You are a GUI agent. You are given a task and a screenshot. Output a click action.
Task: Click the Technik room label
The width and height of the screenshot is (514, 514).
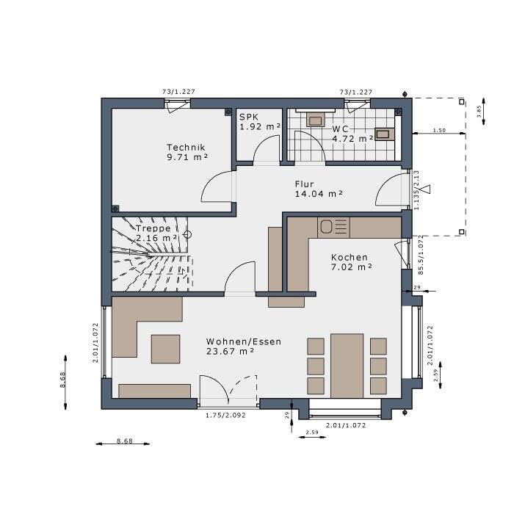coord(185,147)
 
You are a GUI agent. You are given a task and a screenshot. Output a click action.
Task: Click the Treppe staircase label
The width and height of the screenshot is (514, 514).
coord(153,228)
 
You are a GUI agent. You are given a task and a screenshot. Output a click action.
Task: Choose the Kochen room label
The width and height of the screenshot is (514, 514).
coord(349,258)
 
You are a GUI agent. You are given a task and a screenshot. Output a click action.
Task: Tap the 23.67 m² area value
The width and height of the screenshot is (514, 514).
coord(231,352)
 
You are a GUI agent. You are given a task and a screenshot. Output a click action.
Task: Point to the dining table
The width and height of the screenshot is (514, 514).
coord(347,365)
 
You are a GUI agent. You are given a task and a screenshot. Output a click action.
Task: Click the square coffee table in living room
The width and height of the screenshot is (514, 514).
coord(165,349)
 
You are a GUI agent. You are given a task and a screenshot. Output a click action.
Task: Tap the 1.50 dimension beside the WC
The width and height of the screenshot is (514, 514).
coord(439,130)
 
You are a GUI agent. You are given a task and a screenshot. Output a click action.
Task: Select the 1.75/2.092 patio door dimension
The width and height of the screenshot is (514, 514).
coord(226,416)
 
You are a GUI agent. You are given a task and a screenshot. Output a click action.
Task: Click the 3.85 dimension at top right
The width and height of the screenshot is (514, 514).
coord(479,112)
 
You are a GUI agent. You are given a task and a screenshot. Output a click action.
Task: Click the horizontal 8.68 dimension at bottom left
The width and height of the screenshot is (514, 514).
coord(124,441)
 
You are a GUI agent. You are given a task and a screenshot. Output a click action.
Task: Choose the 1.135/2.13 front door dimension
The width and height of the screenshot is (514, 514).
coord(416,190)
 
